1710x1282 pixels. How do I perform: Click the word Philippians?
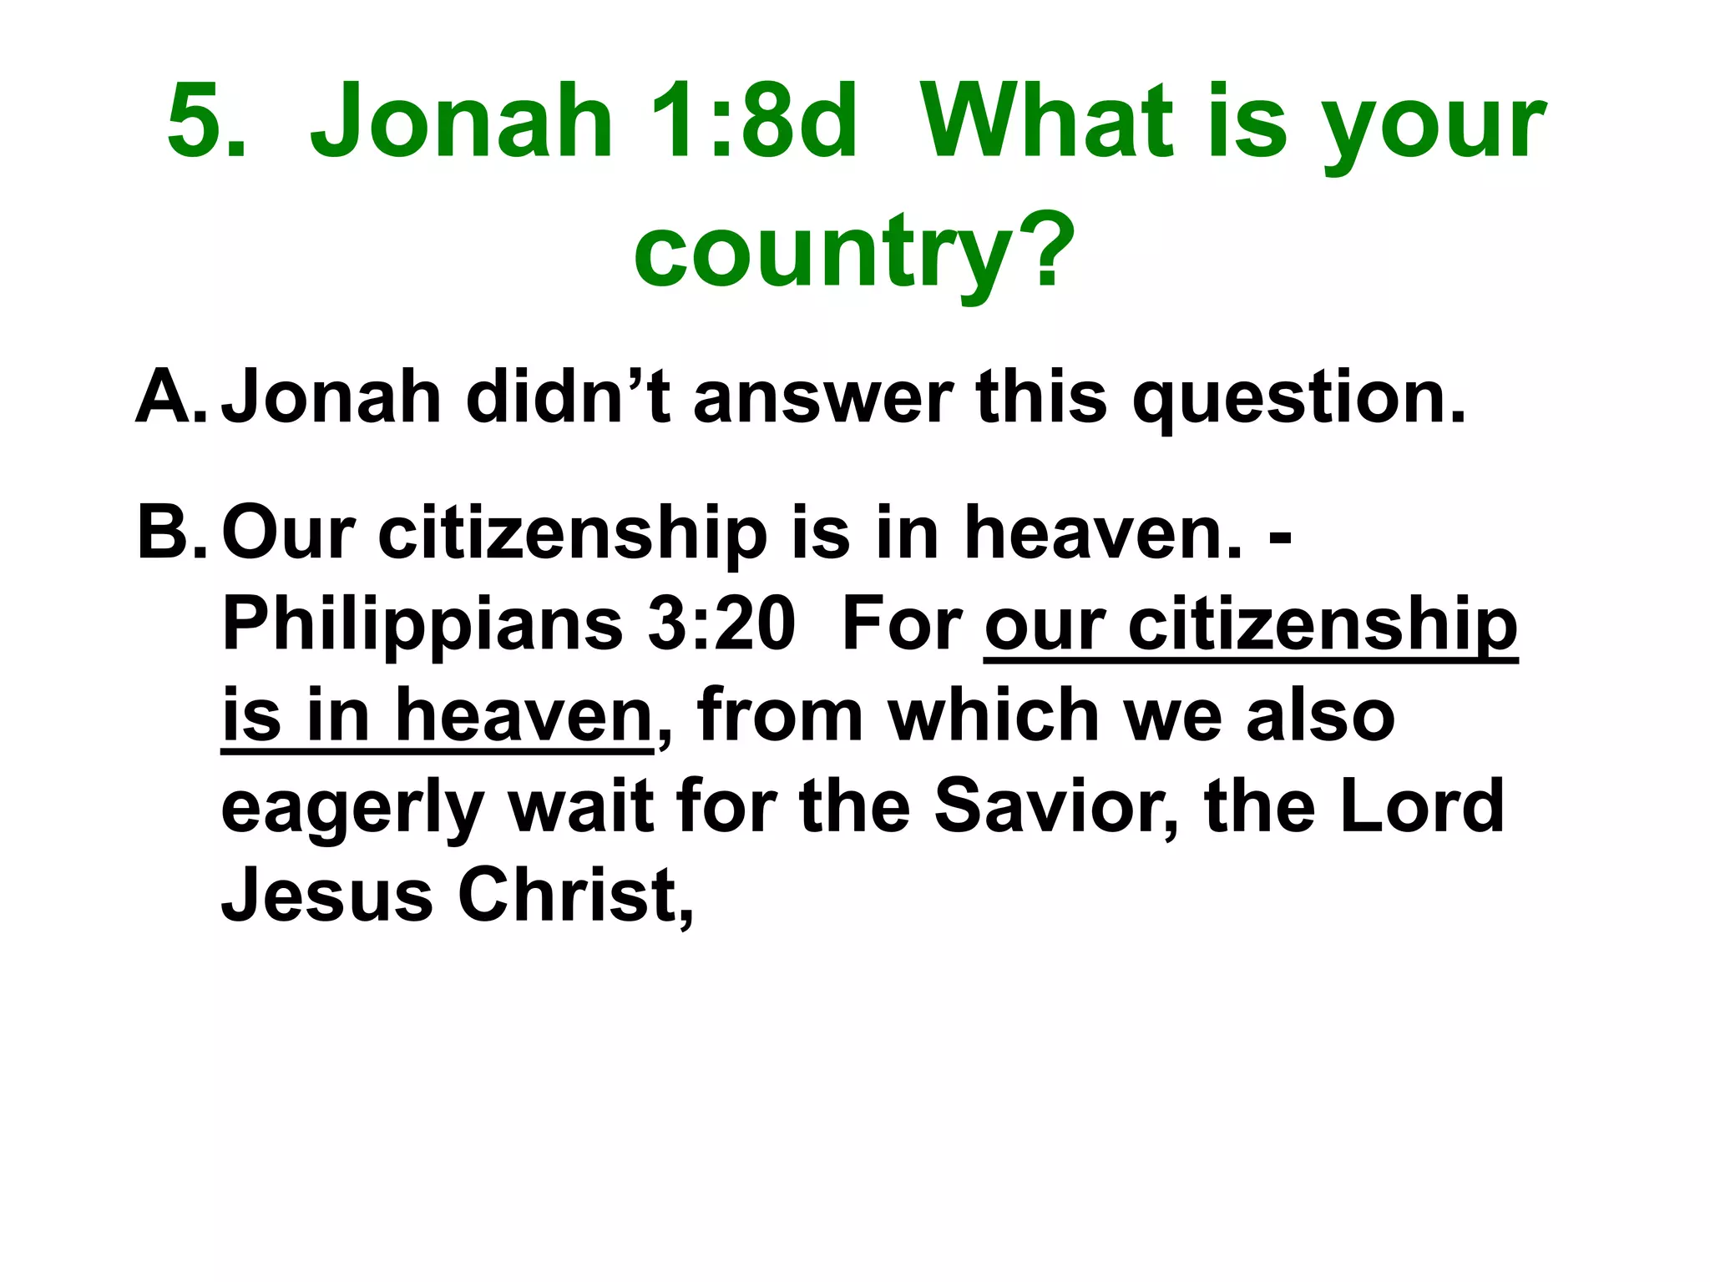click(422, 626)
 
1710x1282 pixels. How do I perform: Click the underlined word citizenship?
click(1323, 626)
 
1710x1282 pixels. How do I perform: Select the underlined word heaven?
click(523, 716)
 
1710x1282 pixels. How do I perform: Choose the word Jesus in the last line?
click(326, 896)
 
